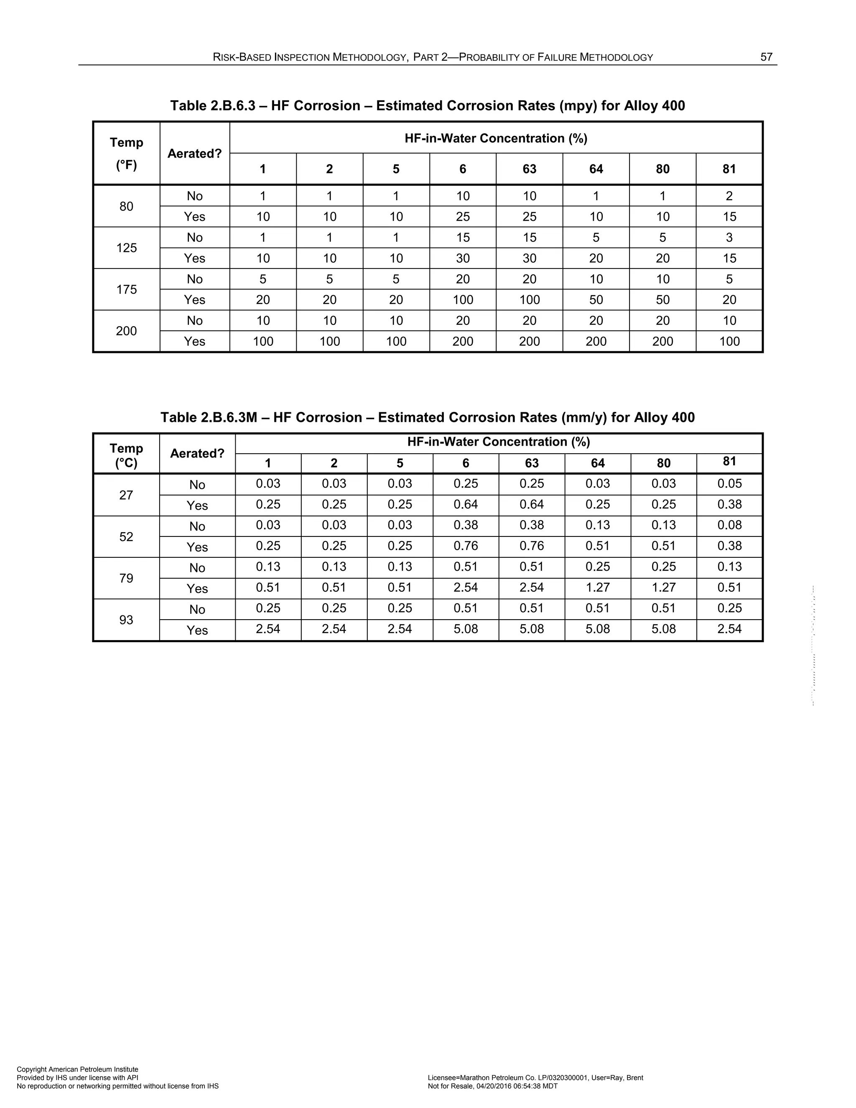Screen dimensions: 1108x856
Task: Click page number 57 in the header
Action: point(766,57)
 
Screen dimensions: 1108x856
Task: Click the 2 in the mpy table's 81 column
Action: point(729,196)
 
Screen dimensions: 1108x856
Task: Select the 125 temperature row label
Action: point(126,248)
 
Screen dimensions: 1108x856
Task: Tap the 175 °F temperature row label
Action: point(126,289)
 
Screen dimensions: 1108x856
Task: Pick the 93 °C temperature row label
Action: point(126,620)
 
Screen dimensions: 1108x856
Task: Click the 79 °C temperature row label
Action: point(126,578)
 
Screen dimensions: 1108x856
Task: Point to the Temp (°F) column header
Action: point(126,153)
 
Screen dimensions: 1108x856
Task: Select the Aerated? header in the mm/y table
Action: point(197,453)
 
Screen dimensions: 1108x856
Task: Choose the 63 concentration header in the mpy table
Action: point(530,169)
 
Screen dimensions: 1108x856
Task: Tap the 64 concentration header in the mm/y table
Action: point(597,463)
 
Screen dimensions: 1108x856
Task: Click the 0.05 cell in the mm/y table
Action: point(729,483)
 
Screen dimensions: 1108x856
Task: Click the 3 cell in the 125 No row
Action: point(729,237)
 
